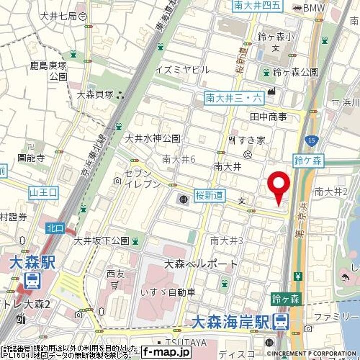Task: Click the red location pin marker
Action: tap(279, 187)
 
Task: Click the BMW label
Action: tap(314, 7)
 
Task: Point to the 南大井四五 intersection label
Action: tap(258, 6)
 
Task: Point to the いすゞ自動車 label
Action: tap(167, 292)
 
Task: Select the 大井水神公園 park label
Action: tap(153, 138)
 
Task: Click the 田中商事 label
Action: tap(268, 117)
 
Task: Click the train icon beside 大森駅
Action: tap(33, 281)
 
